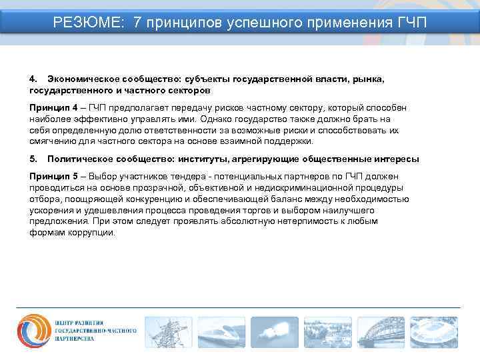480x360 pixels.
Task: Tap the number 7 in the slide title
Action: [x=137, y=23]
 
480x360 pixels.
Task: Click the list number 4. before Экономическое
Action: [x=34, y=79]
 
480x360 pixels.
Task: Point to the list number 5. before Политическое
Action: [x=34, y=159]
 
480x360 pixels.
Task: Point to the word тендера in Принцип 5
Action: [x=180, y=176]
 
